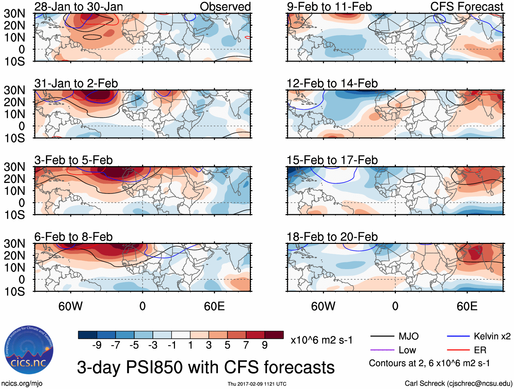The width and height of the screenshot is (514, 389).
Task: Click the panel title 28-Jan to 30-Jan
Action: (79, 6)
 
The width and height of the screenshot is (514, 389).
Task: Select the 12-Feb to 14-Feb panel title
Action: (332, 83)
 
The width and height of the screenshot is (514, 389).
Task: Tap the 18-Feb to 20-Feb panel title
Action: (332, 236)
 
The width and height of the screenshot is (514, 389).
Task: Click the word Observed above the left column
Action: (225, 6)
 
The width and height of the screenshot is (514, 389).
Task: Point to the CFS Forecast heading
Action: (466, 6)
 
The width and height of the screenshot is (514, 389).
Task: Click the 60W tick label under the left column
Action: (70, 306)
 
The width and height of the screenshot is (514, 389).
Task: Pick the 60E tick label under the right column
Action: (467, 306)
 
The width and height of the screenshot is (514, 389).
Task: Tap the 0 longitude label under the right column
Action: (395, 306)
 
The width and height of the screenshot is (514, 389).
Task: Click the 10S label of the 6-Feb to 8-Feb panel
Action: (14, 292)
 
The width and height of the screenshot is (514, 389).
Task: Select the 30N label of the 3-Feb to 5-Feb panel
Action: (14, 167)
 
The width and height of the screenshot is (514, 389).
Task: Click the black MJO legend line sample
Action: (382, 336)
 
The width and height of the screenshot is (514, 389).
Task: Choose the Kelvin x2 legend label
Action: (492, 336)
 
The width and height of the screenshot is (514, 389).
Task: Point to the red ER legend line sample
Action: (458, 350)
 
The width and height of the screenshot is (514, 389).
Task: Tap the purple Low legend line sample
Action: (382, 350)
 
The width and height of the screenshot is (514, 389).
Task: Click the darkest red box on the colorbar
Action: (274, 335)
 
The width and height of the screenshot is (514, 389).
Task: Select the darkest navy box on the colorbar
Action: (87, 335)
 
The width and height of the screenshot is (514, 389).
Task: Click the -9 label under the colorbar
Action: (97, 345)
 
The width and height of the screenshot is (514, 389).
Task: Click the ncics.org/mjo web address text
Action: (22, 384)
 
